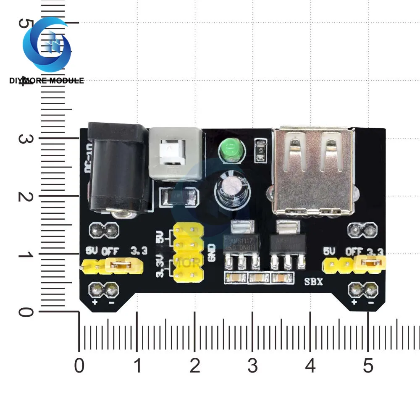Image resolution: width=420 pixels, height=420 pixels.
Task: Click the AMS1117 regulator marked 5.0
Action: [x=243, y=244]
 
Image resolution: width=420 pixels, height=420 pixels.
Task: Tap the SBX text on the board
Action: [x=314, y=282]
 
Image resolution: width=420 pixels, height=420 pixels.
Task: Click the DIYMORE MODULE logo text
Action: [x=47, y=80]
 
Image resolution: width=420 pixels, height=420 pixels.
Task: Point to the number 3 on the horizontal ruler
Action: [x=252, y=366]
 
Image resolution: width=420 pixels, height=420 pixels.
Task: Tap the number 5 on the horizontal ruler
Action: [x=368, y=366]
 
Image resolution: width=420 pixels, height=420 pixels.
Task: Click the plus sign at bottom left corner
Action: [x=95, y=302]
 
